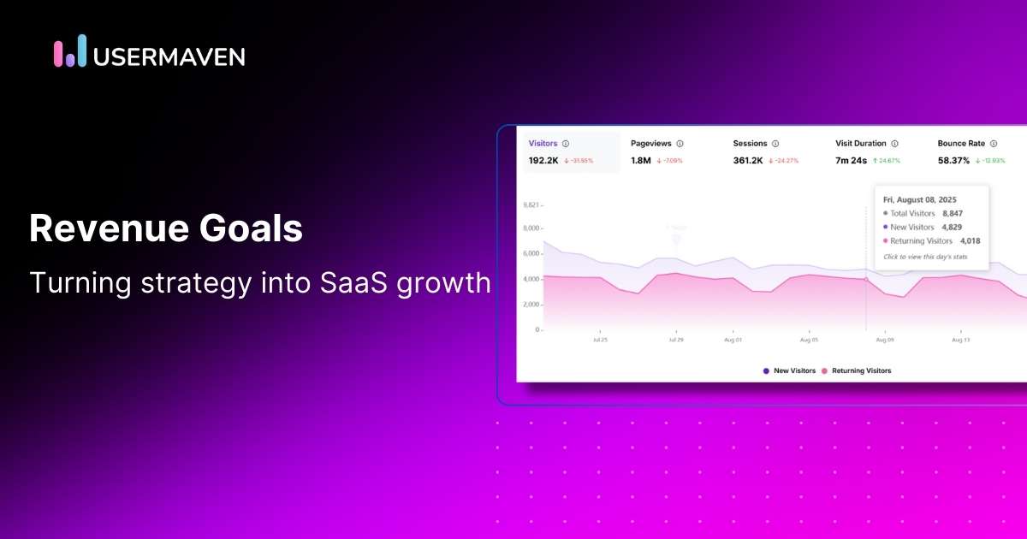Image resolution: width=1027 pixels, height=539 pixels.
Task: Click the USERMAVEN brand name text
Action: [169, 56]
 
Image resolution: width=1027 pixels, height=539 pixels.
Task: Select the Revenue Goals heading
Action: [166, 229]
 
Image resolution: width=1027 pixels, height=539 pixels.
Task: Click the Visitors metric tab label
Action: [543, 144]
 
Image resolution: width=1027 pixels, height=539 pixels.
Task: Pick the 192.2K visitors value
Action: [543, 161]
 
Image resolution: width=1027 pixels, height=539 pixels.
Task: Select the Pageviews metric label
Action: [650, 144]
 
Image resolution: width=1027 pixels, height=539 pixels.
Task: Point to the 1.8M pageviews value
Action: [640, 161]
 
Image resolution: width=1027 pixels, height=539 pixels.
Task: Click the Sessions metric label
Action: [750, 144]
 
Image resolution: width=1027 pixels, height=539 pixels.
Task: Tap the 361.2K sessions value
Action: [749, 161]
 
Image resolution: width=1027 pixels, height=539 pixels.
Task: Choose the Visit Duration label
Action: [861, 144]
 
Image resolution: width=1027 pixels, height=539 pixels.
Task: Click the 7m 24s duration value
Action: [852, 161]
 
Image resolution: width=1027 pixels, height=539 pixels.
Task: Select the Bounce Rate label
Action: [963, 144]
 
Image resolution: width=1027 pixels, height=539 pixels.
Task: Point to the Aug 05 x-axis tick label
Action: [809, 340]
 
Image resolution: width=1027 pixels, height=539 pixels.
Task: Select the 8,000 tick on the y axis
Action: [531, 229]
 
